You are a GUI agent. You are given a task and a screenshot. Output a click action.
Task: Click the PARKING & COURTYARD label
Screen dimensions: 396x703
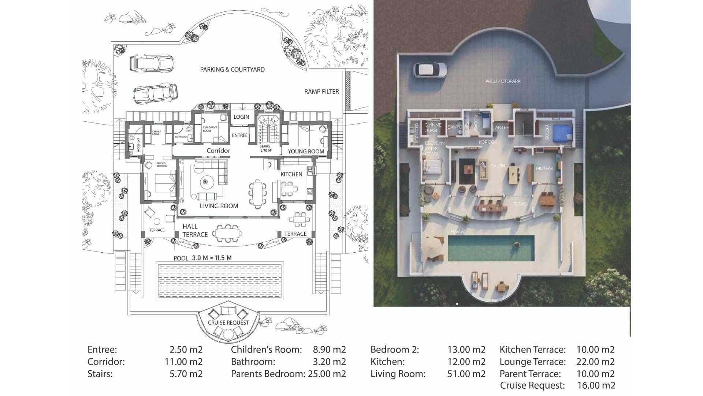(x=232, y=70)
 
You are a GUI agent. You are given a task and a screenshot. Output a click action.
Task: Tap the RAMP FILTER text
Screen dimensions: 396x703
(x=321, y=92)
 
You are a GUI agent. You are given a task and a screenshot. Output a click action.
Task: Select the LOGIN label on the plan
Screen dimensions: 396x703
(x=241, y=117)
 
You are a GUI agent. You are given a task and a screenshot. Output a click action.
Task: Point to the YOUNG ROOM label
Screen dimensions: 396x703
(x=306, y=151)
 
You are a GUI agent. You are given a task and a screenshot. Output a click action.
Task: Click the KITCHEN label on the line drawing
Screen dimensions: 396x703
(x=291, y=174)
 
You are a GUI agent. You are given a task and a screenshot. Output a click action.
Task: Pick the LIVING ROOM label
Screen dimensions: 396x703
(x=219, y=206)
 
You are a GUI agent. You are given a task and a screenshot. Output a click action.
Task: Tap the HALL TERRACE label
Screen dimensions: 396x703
(x=195, y=231)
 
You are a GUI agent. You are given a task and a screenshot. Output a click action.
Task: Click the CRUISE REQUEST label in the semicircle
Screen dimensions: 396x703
(x=228, y=323)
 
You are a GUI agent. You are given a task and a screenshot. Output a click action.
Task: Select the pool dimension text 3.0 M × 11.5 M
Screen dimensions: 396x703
(x=212, y=258)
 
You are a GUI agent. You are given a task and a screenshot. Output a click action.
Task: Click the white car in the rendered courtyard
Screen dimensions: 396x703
(x=430, y=70)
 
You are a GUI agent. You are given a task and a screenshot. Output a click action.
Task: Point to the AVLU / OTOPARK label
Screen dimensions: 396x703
(x=503, y=81)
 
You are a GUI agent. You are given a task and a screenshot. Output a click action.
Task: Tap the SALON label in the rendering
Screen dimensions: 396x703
(x=498, y=166)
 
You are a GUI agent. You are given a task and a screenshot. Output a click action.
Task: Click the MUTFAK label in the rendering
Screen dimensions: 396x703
(x=544, y=169)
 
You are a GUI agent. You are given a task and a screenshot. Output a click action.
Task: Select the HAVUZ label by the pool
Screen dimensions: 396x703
(x=458, y=232)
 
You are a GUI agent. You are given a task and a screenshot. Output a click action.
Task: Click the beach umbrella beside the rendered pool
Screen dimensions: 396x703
(x=434, y=243)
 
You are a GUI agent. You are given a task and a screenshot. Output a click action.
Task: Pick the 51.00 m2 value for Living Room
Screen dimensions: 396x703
(x=466, y=374)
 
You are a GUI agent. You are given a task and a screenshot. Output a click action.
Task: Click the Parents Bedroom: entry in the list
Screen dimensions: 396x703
(x=268, y=374)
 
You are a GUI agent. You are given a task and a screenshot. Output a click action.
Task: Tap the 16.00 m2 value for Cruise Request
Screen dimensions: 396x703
(x=596, y=385)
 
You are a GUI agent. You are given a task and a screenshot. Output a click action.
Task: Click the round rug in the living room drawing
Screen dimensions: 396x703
(x=206, y=181)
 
